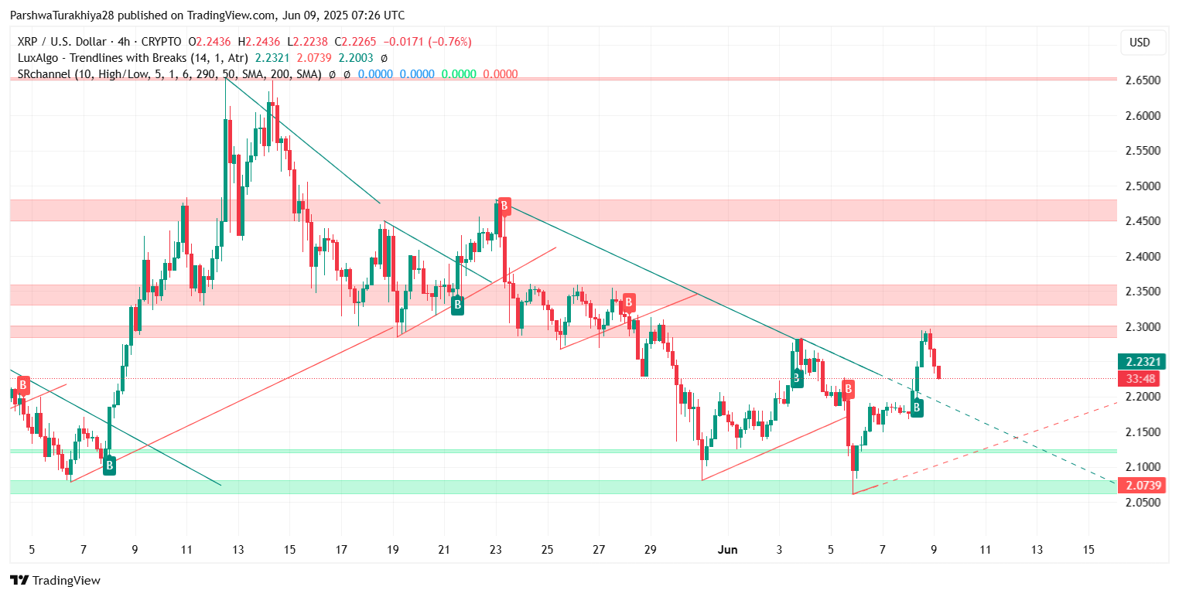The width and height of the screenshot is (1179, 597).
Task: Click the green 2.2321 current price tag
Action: [x=1140, y=362]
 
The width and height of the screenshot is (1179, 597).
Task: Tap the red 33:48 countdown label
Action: [x=1140, y=378]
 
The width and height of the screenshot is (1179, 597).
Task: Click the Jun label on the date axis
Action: [x=727, y=550]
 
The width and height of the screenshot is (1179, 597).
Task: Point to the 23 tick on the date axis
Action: [x=495, y=550]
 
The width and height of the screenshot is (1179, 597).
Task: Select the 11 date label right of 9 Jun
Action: [x=985, y=550]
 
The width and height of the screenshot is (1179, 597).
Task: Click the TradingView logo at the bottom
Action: [x=56, y=580]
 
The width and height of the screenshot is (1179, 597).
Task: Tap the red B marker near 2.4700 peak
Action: [x=504, y=206]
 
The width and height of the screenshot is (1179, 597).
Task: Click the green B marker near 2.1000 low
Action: [x=109, y=465]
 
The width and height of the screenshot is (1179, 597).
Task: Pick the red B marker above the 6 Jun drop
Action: [x=848, y=389]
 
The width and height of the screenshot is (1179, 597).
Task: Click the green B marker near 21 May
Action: [x=457, y=305]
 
